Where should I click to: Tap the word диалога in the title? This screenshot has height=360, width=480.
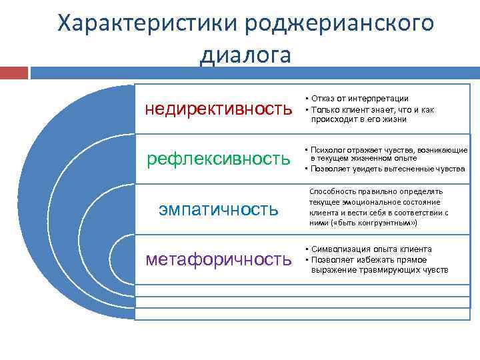[x=245, y=55]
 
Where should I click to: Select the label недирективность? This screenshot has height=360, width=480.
[x=219, y=109]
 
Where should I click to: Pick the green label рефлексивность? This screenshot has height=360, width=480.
[x=219, y=159]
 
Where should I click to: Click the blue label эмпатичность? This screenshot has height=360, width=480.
[x=219, y=209]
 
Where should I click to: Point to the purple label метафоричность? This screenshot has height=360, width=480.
[x=219, y=259]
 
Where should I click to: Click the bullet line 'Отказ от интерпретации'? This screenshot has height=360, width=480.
[x=360, y=98]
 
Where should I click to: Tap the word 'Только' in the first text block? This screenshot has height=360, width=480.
[x=324, y=109]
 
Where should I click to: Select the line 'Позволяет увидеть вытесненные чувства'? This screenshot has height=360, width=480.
[x=387, y=169]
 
